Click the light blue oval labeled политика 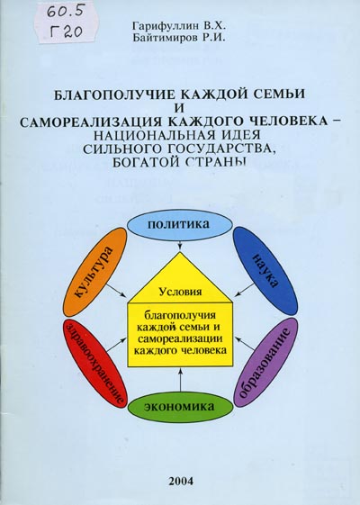180,225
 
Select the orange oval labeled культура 94,272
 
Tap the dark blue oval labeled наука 265,271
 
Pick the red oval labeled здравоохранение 94,364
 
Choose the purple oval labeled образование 265,362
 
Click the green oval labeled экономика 180,407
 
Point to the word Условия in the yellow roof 181,292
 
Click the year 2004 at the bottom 181,482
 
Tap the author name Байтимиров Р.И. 180,38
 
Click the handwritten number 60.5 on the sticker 66,14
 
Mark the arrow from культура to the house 116,290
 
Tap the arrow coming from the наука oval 245,290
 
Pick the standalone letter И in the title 180,108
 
